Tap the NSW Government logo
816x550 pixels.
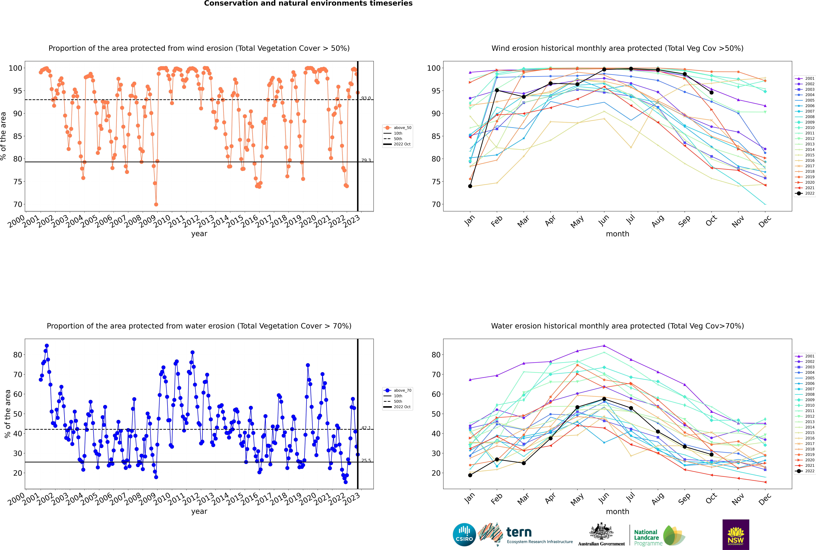tap(736, 535)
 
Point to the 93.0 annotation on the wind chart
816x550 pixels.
tap(366, 98)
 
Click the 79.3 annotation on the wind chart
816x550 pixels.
tap(366, 160)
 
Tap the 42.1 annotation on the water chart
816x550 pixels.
tap(366, 428)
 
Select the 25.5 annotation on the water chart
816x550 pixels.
tap(366, 461)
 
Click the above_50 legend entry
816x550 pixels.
tap(398, 128)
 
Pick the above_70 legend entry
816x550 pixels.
tap(398, 390)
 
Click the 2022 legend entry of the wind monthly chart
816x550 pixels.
tap(805, 193)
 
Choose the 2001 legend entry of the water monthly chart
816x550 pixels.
tap(805, 356)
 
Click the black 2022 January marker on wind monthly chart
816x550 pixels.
tap(470, 186)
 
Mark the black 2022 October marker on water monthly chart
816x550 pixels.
tap(711, 455)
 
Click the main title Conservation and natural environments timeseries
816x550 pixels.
tap(308, 3)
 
